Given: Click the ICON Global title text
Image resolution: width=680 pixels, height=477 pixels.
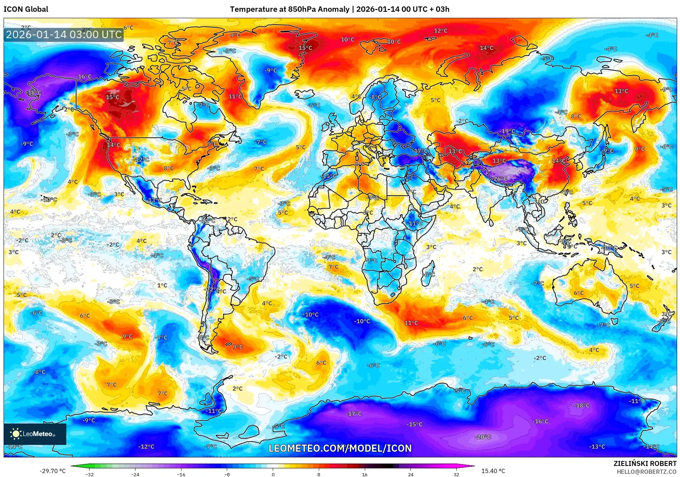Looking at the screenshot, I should [x=26, y=9].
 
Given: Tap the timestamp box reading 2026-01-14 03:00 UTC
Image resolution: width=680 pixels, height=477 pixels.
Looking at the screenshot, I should [x=64, y=35].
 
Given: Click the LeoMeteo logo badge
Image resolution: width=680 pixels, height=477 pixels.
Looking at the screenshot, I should [x=35, y=434].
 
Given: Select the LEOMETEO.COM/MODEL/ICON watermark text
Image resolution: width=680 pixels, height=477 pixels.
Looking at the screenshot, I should [x=340, y=448].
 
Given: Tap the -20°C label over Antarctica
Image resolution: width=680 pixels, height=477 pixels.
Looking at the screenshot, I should [x=483, y=437].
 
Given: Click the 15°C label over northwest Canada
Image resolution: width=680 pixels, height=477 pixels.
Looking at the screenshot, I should [x=113, y=97].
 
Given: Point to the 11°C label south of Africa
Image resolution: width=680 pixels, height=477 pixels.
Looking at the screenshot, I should [x=411, y=323].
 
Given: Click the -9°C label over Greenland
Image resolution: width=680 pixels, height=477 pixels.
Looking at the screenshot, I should [x=271, y=71].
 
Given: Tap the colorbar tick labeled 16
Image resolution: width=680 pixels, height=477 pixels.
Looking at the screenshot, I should [x=364, y=474].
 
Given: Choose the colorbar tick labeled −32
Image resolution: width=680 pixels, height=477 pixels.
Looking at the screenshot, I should [x=90, y=474].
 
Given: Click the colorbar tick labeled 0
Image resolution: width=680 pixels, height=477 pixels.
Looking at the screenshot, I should [x=273, y=474].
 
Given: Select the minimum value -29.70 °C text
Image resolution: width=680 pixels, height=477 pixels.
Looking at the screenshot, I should [x=52, y=471].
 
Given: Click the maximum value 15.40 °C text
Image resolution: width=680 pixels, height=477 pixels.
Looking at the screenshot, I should [x=493, y=471].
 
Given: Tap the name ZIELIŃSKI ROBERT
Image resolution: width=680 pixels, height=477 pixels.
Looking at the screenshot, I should [x=645, y=463].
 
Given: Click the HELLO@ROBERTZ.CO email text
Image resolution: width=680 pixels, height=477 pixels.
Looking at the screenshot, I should [x=646, y=472].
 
